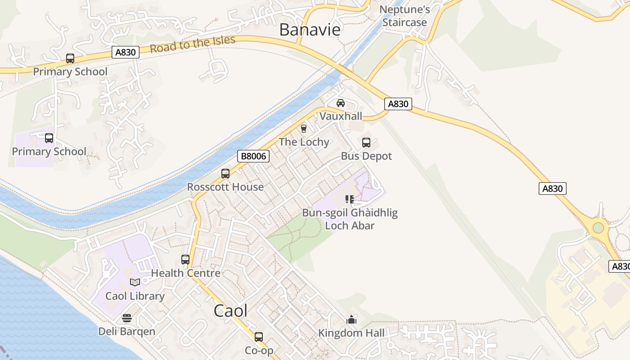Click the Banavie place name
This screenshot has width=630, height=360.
pos(310,29)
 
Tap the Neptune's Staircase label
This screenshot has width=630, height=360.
pos(405,16)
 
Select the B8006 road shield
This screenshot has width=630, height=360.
pos(253,156)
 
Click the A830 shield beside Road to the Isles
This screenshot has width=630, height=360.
pos(126,52)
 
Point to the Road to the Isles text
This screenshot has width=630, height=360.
pos(192,44)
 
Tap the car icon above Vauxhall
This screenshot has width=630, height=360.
pos(341,103)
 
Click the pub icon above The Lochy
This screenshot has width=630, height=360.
pos(304,129)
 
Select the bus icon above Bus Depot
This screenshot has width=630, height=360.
pos(366,143)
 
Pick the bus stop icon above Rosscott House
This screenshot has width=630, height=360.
pos(225,174)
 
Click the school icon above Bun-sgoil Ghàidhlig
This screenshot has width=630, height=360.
pos(350,199)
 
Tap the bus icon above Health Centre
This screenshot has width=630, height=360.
pos(185,260)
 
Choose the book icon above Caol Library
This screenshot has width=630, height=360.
pos(135,282)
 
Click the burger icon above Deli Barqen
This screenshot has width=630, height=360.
pos(127,318)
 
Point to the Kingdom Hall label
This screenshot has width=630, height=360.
pos(351,333)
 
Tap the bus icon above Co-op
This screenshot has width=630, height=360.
pos(259,337)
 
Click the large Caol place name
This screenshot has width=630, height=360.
pos(230,311)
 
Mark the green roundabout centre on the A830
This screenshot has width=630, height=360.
pos(598,228)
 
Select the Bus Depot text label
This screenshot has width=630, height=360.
pos(366,156)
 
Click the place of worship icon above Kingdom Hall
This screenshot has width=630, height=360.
pos(351,319)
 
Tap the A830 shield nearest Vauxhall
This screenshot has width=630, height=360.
pos(398,104)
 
